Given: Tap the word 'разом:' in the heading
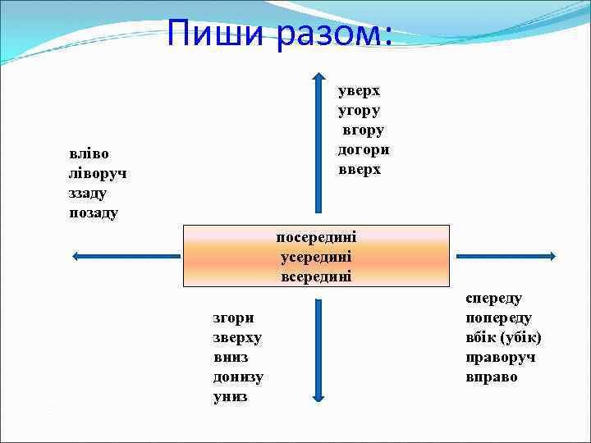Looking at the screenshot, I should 335,34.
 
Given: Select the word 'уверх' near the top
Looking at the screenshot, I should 360,90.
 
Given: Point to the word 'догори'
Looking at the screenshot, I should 364,150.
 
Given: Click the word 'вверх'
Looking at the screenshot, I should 360,170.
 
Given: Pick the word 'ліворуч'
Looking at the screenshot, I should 98,173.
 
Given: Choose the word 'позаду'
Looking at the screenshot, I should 94,213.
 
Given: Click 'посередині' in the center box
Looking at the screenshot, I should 316,237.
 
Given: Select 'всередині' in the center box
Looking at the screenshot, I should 316,276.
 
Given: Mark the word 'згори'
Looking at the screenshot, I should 234,317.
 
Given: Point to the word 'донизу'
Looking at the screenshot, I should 238,377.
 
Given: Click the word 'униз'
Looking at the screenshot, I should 231,397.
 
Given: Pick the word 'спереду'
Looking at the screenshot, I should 494,298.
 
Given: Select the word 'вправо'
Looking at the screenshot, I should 492,377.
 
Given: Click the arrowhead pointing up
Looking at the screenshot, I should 318,78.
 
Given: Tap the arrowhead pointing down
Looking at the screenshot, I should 318,397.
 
